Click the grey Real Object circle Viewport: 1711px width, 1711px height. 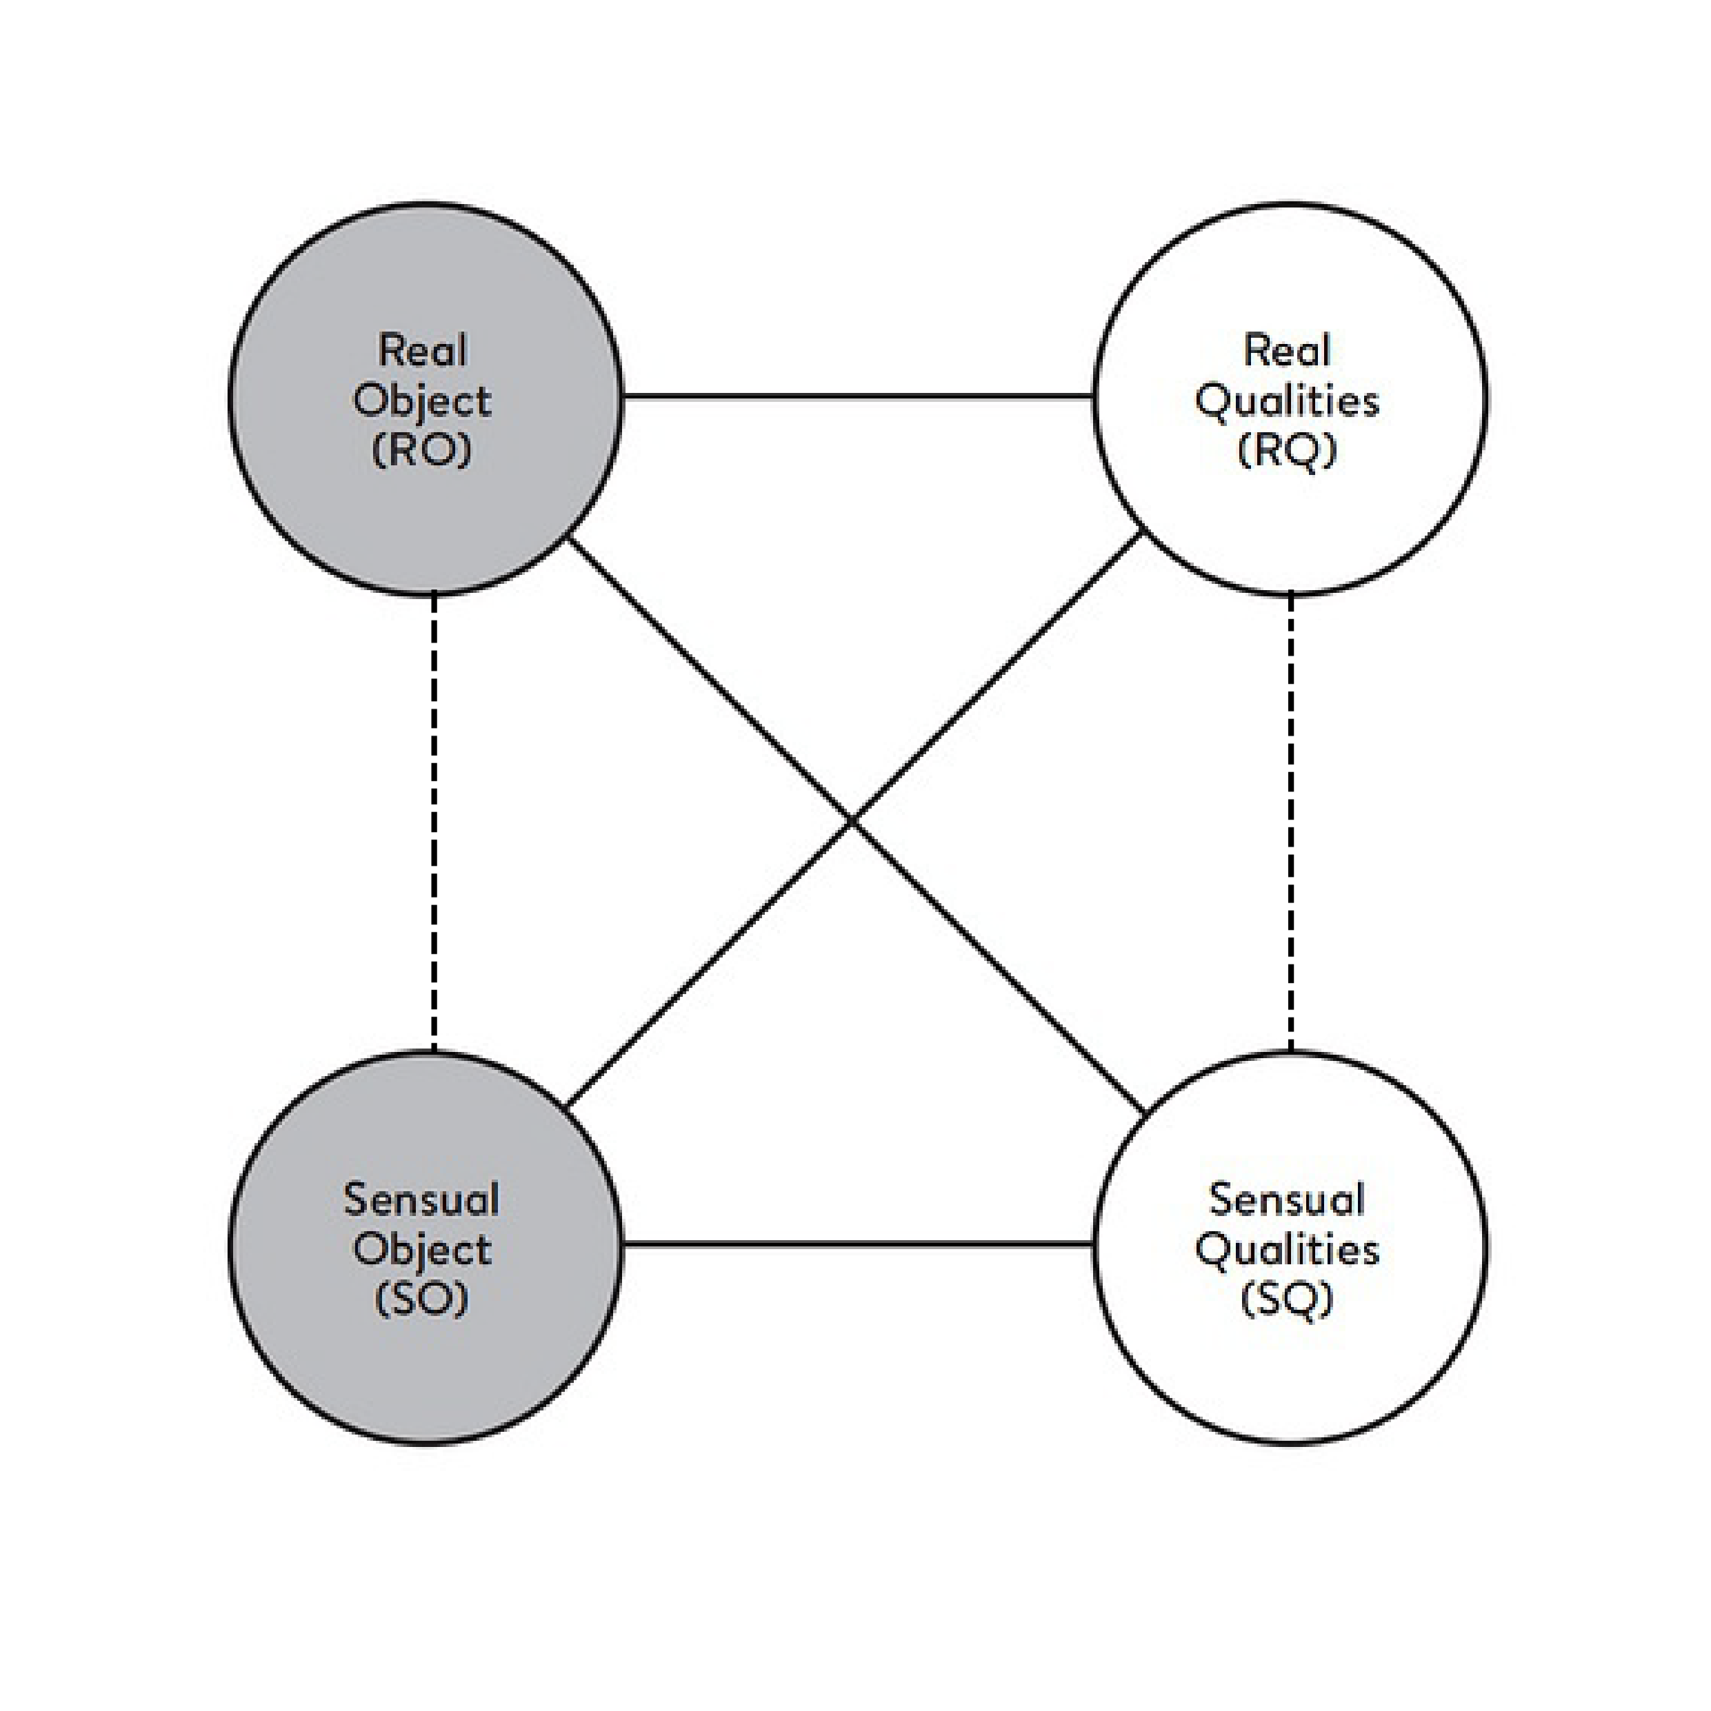pos(426,398)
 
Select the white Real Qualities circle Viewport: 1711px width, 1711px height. pos(1290,398)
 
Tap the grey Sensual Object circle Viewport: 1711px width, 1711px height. pos(426,1248)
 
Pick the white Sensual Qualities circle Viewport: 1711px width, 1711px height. pos(1290,1248)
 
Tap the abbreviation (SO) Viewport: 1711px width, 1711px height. pos(422,1299)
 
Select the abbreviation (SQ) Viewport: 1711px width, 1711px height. pos(1287,1299)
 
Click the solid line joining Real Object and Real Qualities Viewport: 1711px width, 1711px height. pos(858,396)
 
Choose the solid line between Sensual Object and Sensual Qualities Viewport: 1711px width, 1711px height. pos(858,1245)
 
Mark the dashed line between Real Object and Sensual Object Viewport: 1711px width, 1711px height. pos(433,822)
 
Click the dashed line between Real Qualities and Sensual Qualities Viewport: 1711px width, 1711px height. pos(1290,822)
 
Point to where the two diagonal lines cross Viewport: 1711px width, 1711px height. pos(852,822)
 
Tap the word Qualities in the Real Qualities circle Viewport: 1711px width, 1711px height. pos(1287,401)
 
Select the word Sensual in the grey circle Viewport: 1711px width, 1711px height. pos(422,1200)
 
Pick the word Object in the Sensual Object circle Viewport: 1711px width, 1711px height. pos(422,1251)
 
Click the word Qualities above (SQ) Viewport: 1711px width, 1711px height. pos(1287,1251)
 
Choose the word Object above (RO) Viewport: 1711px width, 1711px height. pos(422,401)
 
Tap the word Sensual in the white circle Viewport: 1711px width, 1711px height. pos(1287,1200)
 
